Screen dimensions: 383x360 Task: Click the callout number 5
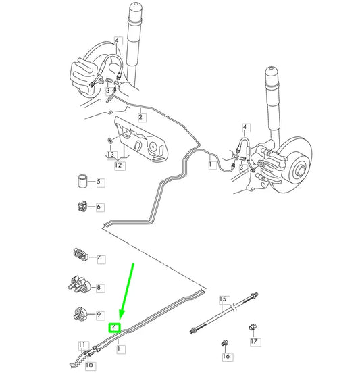coord(99,182)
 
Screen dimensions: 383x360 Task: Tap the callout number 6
coord(99,207)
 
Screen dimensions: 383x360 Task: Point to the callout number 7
coord(99,258)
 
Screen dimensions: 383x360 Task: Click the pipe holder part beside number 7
coord(79,256)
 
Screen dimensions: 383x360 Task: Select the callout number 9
coord(99,315)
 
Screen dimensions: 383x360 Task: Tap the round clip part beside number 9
coord(80,313)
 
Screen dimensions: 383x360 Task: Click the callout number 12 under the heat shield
coord(118,164)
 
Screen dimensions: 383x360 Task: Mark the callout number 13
coord(109,155)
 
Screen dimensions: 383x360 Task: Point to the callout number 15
coord(222,298)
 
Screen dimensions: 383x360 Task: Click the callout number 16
coord(226,355)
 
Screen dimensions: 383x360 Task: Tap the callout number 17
coord(254,342)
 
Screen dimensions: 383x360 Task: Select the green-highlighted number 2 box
coord(115,328)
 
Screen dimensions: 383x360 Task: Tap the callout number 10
coord(89,365)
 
